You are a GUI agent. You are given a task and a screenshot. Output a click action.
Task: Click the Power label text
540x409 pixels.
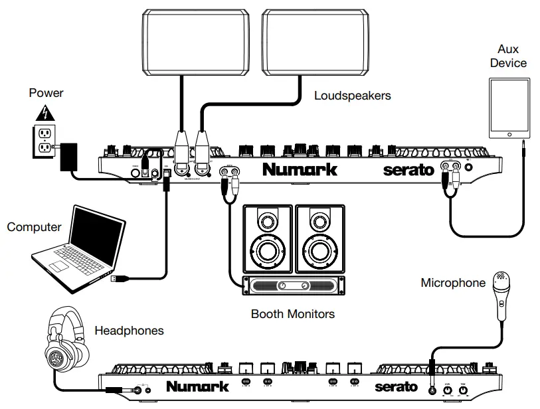tap(46, 93)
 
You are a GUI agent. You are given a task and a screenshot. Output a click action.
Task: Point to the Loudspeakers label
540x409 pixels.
tap(352, 96)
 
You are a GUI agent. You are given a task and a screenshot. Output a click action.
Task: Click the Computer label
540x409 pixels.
tap(34, 227)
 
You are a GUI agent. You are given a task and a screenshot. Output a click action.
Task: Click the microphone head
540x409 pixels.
tap(500, 280)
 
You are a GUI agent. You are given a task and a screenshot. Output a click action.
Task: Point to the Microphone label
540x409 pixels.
tap(453, 283)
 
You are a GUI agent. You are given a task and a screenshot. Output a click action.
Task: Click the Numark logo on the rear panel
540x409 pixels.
tap(300, 169)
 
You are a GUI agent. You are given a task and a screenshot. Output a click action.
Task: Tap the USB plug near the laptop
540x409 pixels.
tap(118, 280)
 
